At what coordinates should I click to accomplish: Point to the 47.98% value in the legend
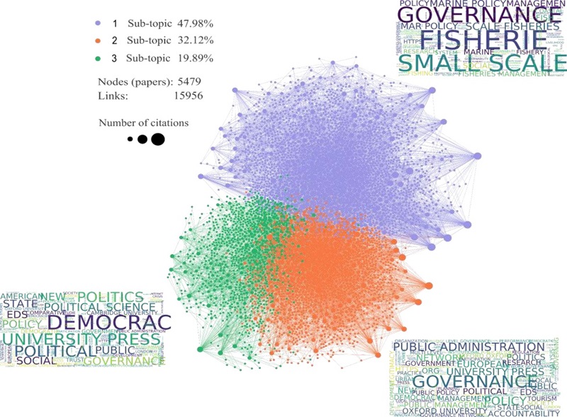193,24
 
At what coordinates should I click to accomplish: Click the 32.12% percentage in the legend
193,41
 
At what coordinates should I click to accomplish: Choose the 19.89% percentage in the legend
193,58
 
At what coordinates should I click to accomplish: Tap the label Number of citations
144,122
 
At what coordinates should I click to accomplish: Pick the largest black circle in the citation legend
157,139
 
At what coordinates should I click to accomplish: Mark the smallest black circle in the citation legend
130,139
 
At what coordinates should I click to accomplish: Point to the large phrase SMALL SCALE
482,64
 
